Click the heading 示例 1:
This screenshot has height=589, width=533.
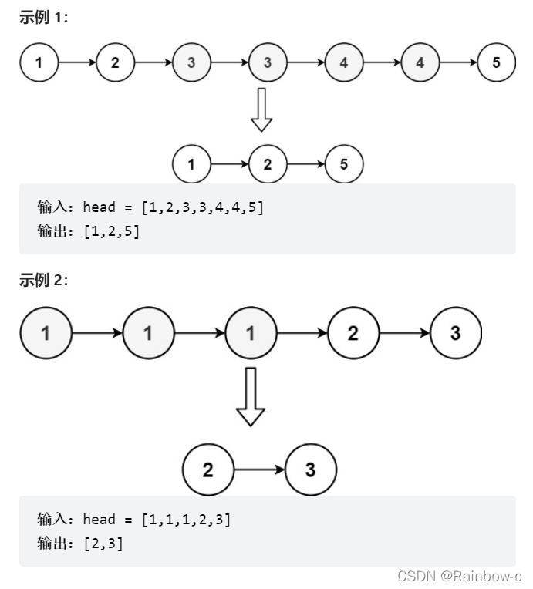pos(44,17)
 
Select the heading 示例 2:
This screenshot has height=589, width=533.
pos(44,280)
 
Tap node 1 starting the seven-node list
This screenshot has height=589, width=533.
pos(39,62)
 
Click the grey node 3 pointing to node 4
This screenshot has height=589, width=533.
pos(268,62)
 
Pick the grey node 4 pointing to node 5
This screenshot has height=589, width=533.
pos(420,62)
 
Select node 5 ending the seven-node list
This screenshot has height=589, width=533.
pos(497,62)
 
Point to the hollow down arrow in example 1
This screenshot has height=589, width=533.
pos(261,110)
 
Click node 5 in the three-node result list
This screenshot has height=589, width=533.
pos(344,164)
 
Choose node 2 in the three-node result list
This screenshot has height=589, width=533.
pos(268,164)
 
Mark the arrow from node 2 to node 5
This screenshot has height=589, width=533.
pos(306,164)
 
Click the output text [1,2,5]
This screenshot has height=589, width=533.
pos(111,231)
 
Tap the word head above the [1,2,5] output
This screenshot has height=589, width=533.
pos(100,207)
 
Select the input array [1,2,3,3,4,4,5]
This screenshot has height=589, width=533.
pos(203,207)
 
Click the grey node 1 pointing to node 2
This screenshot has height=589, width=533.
pos(251,333)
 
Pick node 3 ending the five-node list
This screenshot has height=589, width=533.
pos(456,333)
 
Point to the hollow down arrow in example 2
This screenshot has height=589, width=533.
pos(251,397)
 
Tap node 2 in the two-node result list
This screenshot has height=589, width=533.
pos(208,470)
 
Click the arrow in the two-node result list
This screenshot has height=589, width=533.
pos(260,470)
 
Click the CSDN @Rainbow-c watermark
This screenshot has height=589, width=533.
pos(459,576)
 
